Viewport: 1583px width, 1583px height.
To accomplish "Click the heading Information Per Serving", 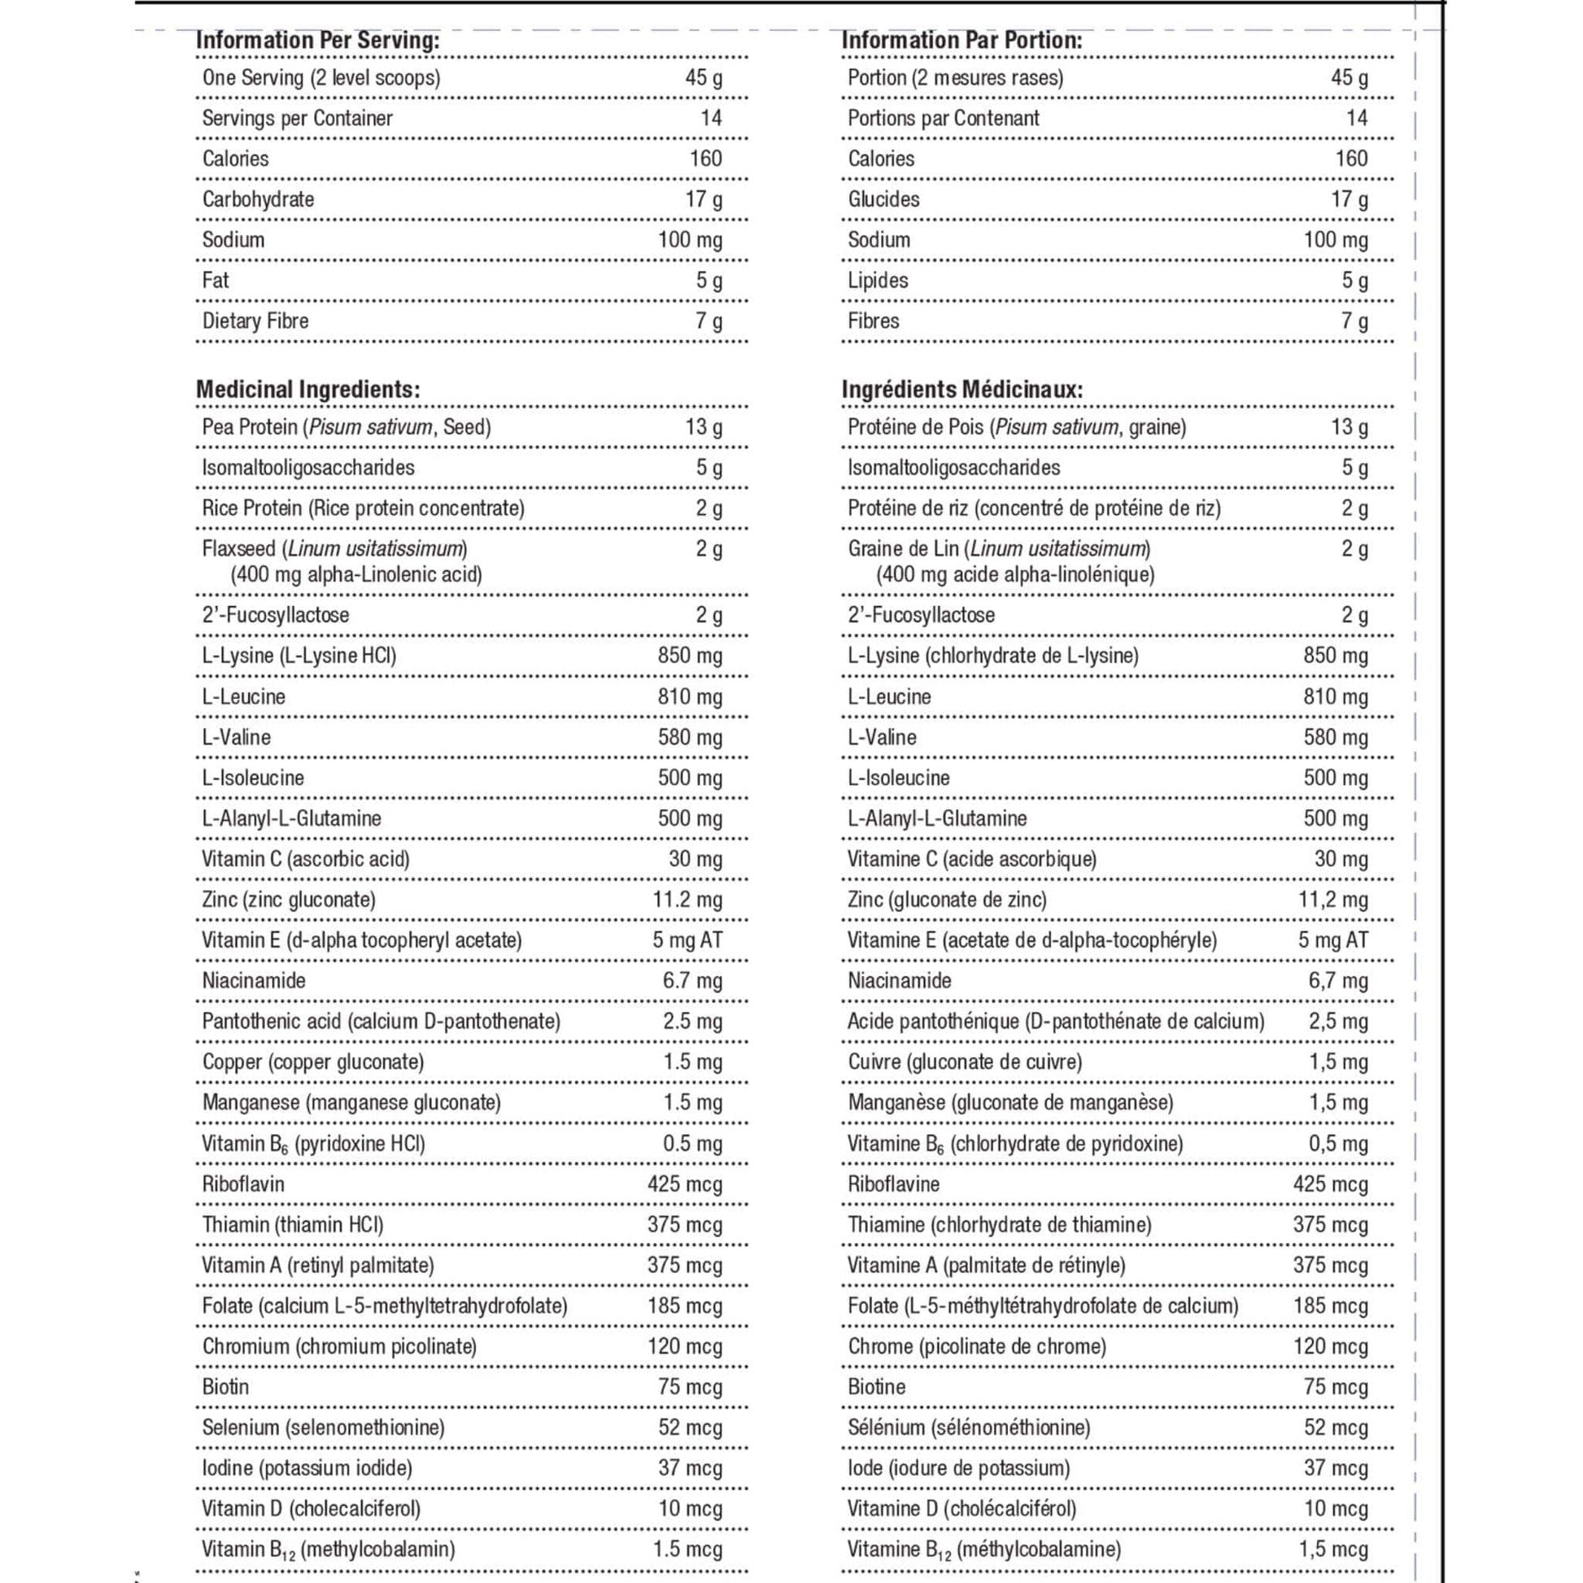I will [x=317, y=40].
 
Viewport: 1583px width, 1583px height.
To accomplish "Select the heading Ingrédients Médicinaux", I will [x=962, y=389].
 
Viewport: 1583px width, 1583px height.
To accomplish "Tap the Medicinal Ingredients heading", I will [x=308, y=389].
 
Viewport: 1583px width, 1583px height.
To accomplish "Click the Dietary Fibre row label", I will [x=255, y=321].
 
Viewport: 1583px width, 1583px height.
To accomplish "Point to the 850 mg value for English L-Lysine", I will [x=690, y=656].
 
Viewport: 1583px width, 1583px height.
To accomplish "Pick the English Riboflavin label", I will [x=243, y=1184].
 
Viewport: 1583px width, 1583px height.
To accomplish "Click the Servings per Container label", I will [x=298, y=118].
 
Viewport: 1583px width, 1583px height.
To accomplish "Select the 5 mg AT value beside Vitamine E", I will [x=1333, y=940].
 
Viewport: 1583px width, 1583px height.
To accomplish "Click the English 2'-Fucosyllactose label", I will [x=275, y=615].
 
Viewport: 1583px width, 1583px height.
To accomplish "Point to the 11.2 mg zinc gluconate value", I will [x=687, y=900].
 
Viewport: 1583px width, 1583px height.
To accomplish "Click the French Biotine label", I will [x=877, y=1387].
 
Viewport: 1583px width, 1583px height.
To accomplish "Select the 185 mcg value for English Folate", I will [x=685, y=1306].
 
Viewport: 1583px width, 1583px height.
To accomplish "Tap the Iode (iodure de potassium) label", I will [x=958, y=1468].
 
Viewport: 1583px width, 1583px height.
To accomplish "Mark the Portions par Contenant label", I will [x=943, y=118].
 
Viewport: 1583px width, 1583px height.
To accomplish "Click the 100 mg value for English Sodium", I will [x=690, y=240].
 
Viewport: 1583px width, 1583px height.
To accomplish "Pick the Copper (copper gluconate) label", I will [x=313, y=1062].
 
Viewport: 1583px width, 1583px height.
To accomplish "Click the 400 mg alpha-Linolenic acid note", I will [x=356, y=574].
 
